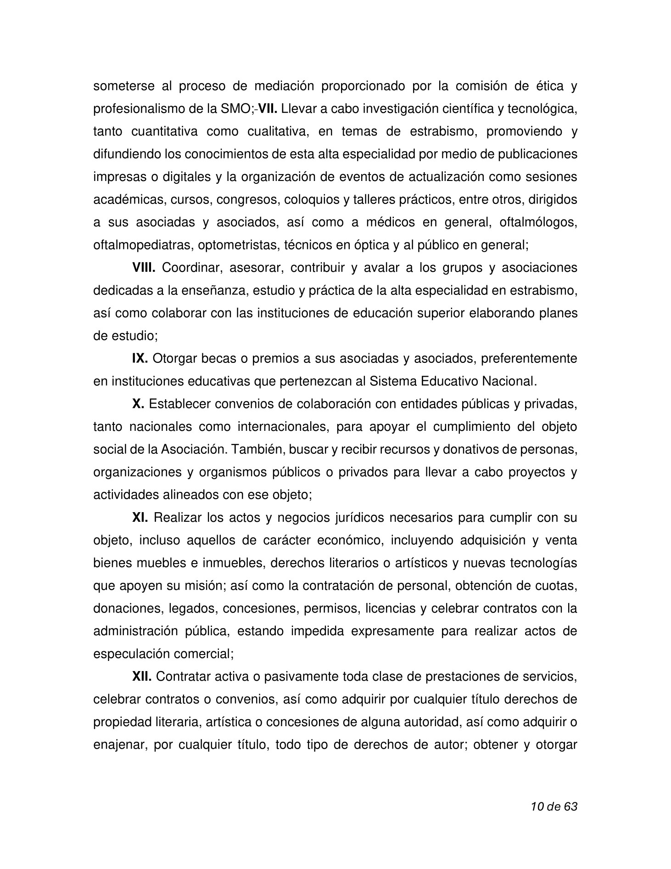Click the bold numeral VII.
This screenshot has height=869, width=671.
pyautogui.click(x=268, y=109)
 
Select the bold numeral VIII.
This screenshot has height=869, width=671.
pyautogui.click(x=144, y=268)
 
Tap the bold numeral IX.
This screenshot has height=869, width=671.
pyautogui.click(x=140, y=359)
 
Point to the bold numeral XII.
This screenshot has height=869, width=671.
pyautogui.click(x=142, y=677)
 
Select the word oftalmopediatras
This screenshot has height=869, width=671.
pyautogui.click(x=144, y=245)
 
